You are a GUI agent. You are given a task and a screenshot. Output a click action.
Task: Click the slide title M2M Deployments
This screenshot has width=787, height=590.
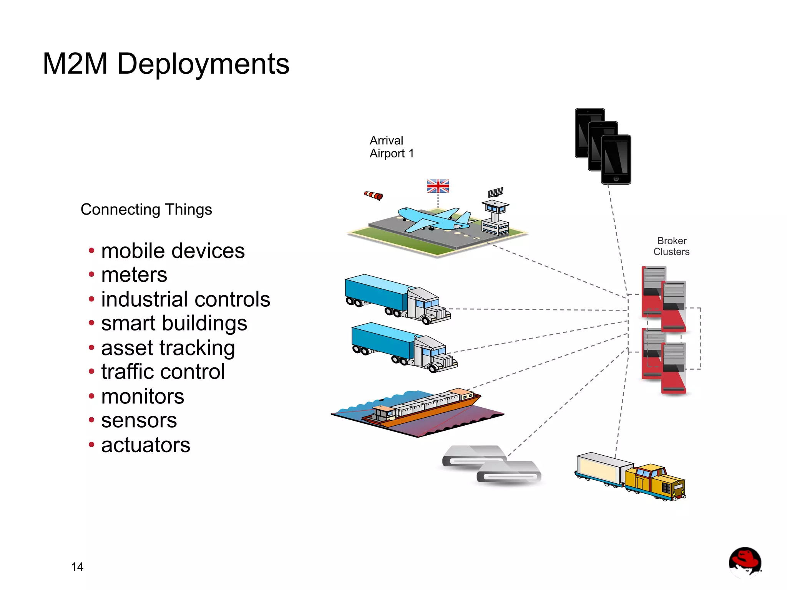tap(166, 64)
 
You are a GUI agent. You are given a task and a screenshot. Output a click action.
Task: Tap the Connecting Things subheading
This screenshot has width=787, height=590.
tap(146, 210)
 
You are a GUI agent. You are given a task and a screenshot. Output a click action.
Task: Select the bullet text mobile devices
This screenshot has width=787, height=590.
tap(173, 251)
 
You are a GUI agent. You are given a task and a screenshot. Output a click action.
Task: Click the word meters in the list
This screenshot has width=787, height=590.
tap(134, 275)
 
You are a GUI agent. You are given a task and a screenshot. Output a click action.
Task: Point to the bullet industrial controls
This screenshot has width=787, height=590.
tap(185, 299)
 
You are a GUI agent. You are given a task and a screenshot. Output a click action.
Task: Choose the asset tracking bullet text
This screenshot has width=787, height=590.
tap(168, 348)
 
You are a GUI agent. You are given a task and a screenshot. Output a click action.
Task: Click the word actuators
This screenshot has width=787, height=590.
tap(146, 445)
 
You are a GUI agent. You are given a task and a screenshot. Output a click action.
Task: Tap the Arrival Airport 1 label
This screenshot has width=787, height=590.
tap(391, 147)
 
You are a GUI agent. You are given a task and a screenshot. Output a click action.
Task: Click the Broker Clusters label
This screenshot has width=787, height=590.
tap(671, 246)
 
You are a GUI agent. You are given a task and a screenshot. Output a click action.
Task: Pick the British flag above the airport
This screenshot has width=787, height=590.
tap(438, 186)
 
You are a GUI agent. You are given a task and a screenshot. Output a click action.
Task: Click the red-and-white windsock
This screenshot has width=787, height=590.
tap(374, 196)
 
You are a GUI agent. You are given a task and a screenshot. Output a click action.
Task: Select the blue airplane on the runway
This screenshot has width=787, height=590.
tap(434, 220)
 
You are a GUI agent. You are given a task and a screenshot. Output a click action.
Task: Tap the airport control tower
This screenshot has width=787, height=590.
tap(495, 217)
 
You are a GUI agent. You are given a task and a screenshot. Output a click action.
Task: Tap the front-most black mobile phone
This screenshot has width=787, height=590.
tap(616, 159)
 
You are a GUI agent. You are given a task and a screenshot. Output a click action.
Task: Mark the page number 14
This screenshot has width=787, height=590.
tap(77, 567)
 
